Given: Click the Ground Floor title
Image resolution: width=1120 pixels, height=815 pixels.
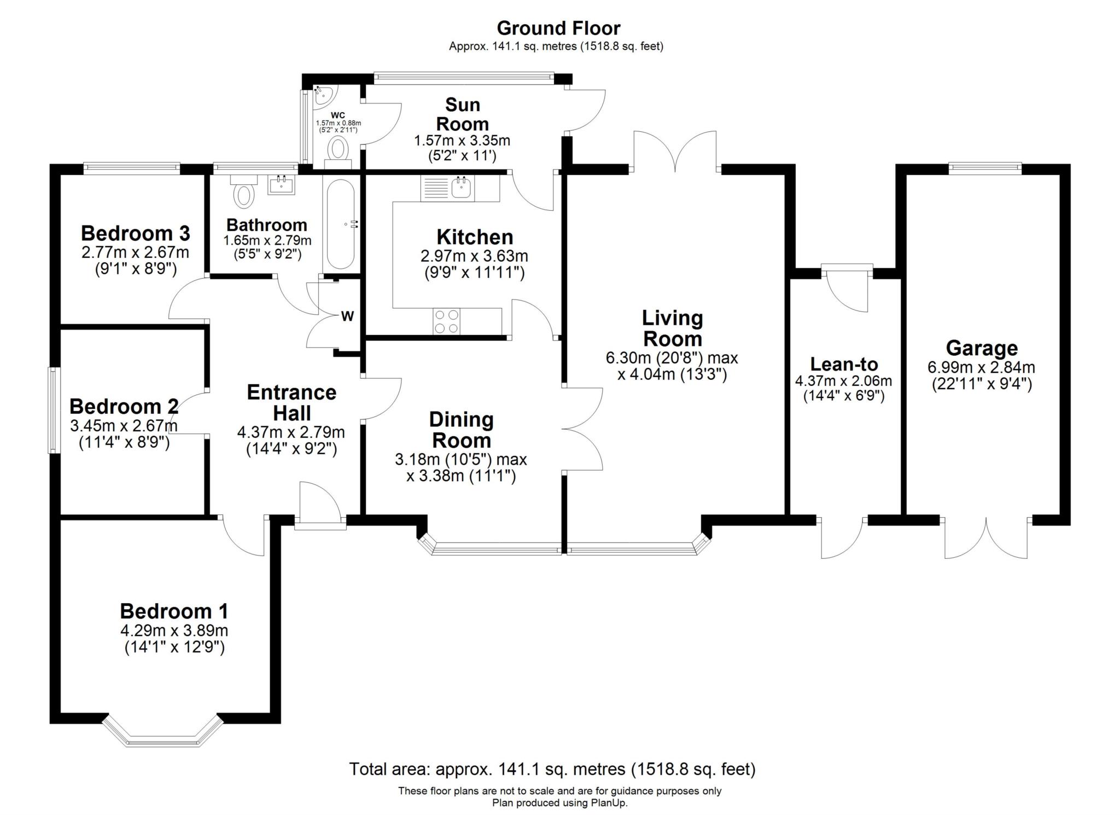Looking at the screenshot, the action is coord(558,28).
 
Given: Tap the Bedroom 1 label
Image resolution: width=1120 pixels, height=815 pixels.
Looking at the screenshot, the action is coord(174,611).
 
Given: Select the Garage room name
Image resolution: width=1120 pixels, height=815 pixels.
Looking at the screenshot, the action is coord(982,348).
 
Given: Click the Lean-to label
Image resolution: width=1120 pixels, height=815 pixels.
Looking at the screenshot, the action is coord(844,364).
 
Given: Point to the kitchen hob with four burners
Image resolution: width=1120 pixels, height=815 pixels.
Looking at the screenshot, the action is coord(447,321).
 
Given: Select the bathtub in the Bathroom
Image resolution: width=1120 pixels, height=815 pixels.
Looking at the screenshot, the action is coord(341,224).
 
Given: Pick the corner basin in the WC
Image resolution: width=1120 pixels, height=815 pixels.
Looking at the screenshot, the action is coord(324,95).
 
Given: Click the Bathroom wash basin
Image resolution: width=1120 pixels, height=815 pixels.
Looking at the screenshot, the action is coord(282,184).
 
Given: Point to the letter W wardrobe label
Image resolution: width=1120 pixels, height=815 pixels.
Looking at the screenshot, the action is coord(347,316).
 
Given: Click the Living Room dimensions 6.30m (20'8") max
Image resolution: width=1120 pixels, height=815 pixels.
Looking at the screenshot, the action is coord(672,358).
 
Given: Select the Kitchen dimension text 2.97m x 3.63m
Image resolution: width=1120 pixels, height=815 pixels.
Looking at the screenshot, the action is coord(474,256).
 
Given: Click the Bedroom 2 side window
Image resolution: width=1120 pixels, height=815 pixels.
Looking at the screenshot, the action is coord(54,410).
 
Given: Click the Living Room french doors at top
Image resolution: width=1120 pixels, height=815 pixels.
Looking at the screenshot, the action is coord(675,152).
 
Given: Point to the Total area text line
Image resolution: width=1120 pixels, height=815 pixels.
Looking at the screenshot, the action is coord(552,769).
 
